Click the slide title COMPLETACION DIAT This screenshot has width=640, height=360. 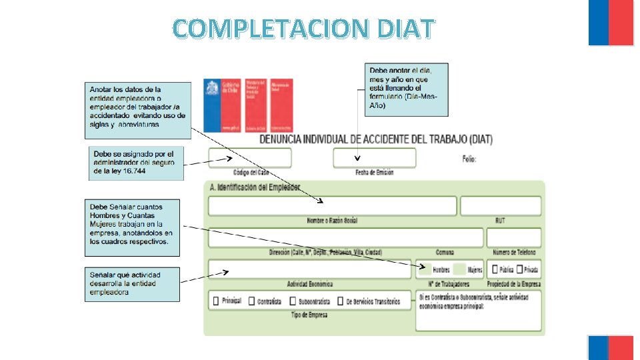(x=304, y=28)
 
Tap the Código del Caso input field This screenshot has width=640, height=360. (x=250, y=158)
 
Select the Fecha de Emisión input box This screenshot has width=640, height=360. (x=374, y=158)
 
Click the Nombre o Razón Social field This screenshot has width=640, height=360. (x=332, y=206)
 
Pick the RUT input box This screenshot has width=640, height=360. (x=500, y=206)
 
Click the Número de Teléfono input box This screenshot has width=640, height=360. (x=513, y=237)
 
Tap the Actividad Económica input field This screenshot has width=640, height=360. (x=310, y=269)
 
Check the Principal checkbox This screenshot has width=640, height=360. (x=216, y=301)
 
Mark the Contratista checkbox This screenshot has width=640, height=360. (x=252, y=301)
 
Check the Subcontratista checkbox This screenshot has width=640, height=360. (x=293, y=301)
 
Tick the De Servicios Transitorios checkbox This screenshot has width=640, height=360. (x=340, y=301)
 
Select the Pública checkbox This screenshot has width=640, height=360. (x=494, y=269)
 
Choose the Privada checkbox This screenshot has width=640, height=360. (x=518, y=269)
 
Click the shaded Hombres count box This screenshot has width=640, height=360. (x=424, y=269)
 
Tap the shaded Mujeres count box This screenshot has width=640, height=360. (x=459, y=269)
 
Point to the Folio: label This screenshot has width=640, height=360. (x=469, y=159)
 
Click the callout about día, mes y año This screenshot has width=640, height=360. (x=407, y=89)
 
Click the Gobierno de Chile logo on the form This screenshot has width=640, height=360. (x=222, y=105)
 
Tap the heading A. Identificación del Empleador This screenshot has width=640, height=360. (x=255, y=187)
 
